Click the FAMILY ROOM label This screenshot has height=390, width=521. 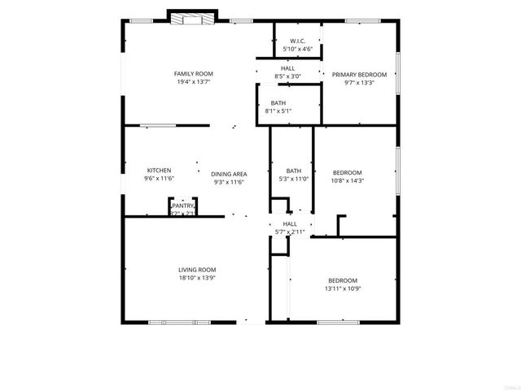(188, 74)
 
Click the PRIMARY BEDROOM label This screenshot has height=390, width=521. (359, 74)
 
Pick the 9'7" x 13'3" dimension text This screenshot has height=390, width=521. (359, 82)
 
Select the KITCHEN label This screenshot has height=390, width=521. (159, 170)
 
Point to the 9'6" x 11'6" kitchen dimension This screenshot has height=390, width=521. (159, 178)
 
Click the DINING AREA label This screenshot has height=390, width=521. (229, 174)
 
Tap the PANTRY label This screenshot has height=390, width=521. (183, 206)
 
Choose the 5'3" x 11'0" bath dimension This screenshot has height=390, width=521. (294, 178)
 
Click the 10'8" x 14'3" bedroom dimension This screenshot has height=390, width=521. (348, 180)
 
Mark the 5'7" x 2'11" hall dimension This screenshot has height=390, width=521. (290, 232)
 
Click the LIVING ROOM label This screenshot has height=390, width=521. (197, 270)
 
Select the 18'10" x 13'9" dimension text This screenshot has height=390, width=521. (197, 278)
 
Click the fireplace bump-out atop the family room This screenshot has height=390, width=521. (193, 18)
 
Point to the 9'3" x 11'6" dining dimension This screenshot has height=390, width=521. (229, 182)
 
